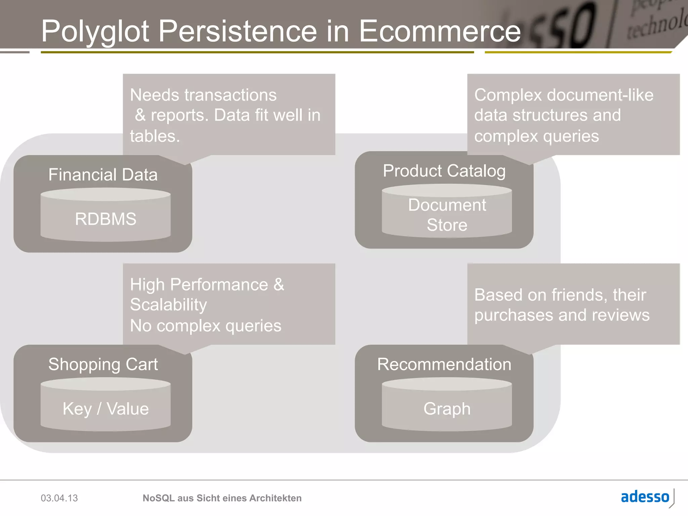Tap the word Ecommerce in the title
pyautogui.click(x=440, y=31)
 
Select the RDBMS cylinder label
pyautogui.click(x=105, y=219)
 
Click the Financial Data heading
pyautogui.click(x=103, y=175)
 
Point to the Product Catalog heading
pyautogui.click(x=444, y=171)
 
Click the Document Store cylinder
pyautogui.click(x=447, y=215)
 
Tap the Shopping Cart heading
pyautogui.click(x=103, y=364)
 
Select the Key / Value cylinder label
pyautogui.click(x=105, y=409)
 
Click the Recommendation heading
pyautogui.click(x=444, y=364)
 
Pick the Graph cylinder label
pyautogui.click(x=447, y=409)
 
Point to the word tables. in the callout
pyautogui.click(x=155, y=136)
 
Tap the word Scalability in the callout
pyautogui.click(x=168, y=305)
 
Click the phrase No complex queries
pyautogui.click(x=206, y=326)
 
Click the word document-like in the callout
pyautogui.click(x=600, y=95)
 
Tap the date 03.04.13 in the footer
pyautogui.click(x=59, y=498)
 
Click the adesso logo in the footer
pyautogui.click(x=645, y=497)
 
